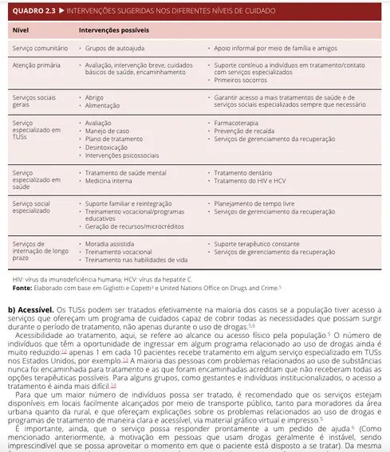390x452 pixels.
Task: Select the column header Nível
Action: click(x=22, y=29)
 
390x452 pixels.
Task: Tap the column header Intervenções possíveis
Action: click(x=113, y=29)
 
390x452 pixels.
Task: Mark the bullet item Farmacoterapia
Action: click(x=240, y=124)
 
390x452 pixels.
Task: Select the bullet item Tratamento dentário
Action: click(x=245, y=173)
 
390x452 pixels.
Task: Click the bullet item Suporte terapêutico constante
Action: click(x=262, y=243)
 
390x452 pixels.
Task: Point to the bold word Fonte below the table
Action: click(x=22, y=287)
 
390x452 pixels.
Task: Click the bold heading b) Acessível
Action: click(x=31, y=309)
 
